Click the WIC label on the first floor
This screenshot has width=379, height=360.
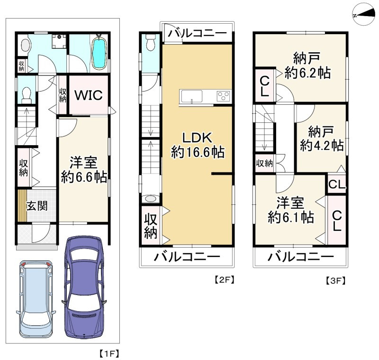(x=89, y=95)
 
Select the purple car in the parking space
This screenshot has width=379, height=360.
(x=84, y=286)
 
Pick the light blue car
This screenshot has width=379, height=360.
(x=36, y=299)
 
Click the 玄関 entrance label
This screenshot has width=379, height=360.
(x=37, y=206)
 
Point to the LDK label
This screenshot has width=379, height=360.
(x=197, y=138)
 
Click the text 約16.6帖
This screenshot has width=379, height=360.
(x=198, y=152)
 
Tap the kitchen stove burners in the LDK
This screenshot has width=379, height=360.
(x=224, y=96)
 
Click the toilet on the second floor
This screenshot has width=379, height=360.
(x=151, y=43)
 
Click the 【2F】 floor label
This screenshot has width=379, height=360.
(x=224, y=280)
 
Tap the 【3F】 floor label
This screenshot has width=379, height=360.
(x=334, y=281)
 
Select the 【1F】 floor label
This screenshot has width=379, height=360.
(x=109, y=354)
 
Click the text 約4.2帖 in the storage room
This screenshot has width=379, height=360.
(x=322, y=146)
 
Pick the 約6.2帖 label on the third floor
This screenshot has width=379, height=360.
(x=307, y=73)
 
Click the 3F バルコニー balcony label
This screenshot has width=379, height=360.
(x=301, y=257)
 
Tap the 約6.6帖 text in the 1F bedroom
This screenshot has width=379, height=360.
(x=84, y=177)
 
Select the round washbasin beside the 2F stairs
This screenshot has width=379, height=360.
(x=151, y=199)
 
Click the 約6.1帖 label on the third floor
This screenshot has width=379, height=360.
(x=291, y=218)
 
